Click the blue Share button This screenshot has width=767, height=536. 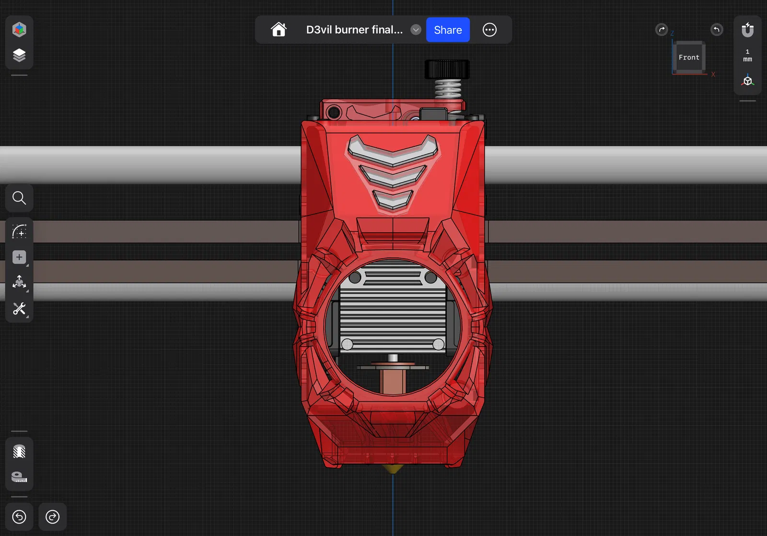[448, 30]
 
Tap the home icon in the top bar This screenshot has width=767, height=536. [279, 29]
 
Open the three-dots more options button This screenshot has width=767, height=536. [489, 30]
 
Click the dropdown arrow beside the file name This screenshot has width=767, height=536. [416, 30]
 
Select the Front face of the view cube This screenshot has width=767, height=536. [689, 57]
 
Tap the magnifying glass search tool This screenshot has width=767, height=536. [19, 198]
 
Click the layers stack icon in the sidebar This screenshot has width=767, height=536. [19, 55]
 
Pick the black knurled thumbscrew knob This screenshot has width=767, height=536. [447, 70]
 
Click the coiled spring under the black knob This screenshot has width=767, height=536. [448, 89]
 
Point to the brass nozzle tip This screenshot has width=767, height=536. [393, 469]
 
